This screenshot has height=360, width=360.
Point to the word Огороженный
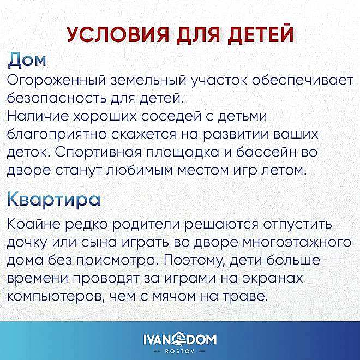[x=57, y=80]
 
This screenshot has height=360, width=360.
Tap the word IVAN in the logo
[x=157, y=340]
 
